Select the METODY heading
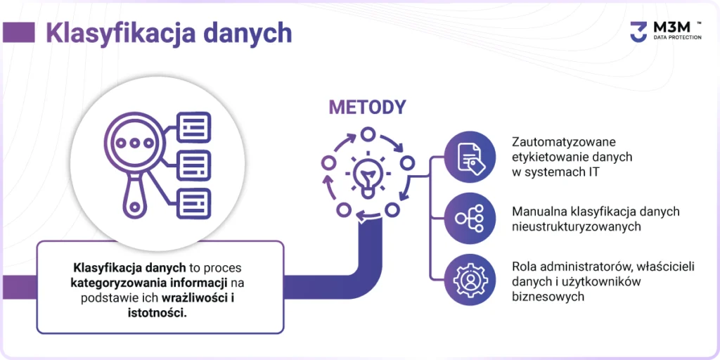click(367, 108)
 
